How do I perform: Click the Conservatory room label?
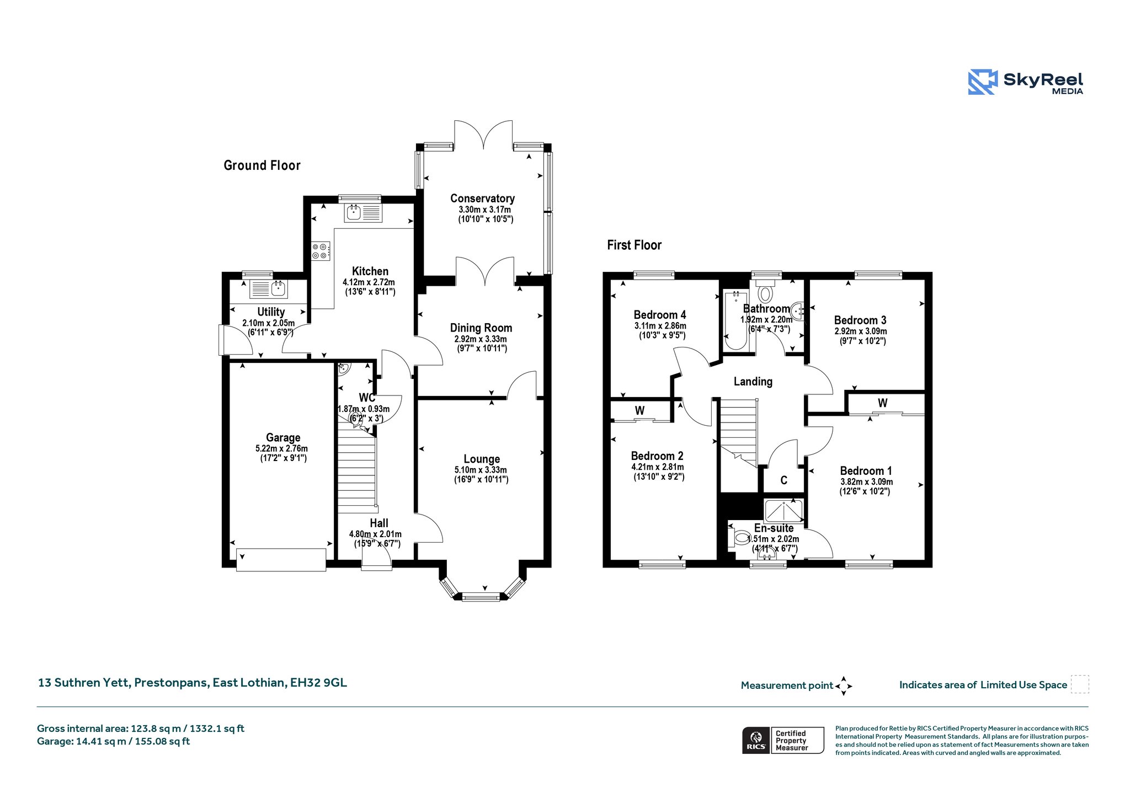pyautogui.click(x=482, y=198)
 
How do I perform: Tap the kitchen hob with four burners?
pyautogui.click(x=321, y=251)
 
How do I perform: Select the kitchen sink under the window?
pyautogui.click(x=363, y=212)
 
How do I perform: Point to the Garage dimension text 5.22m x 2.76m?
pyautogui.click(x=281, y=448)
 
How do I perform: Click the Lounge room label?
pyautogui.click(x=482, y=459)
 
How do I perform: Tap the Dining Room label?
pyautogui.click(x=481, y=328)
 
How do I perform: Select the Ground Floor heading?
pyautogui.click(x=262, y=165)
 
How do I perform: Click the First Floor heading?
pyautogui.click(x=634, y=245)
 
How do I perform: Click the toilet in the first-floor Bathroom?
pyautogui.click(x=766, y=292)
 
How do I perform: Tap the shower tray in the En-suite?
pyautogui.click(x=783, y=511)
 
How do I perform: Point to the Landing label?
pyautogui.click(x=753, y=381)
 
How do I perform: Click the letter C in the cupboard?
pyautogui.click(x=783, y=480)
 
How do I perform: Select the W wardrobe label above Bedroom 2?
pyautogui.click(x=639, y=410)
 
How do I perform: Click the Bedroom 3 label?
pyautogui.click(x=860, y=320)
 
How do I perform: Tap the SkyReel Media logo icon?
pyautogui.click(x=983, y=82)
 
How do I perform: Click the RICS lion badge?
pyautogui.click(x=756, y=740)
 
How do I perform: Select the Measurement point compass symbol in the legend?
pyautogui.click(x=844, y=686)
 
